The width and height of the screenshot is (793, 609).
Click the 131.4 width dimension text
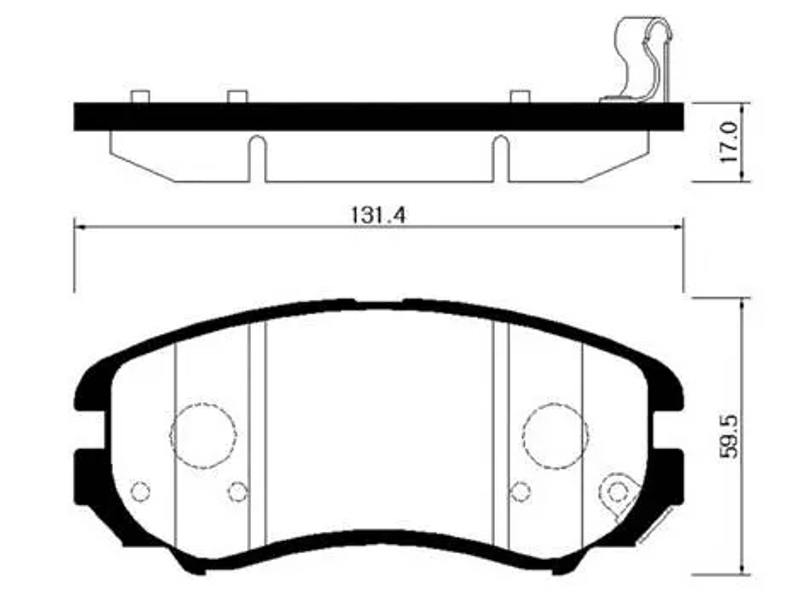(378, 215)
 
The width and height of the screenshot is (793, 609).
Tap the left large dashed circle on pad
(203, 435)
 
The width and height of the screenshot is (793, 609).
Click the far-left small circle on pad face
(140, 491)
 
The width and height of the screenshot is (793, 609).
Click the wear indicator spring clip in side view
(644, 60)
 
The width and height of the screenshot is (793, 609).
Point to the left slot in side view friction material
(256, 158)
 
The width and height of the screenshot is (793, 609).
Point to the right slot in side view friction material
(501, 158)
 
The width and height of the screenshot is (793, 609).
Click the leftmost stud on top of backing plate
(140, 96)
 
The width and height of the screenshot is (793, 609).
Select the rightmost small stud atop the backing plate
(520, 96)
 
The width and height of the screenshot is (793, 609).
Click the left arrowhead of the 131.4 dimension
(79, 227)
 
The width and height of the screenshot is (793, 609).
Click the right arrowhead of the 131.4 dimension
(679, 227)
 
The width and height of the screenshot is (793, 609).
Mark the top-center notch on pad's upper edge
(379, 304)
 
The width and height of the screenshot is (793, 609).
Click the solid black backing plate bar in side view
(379, 116)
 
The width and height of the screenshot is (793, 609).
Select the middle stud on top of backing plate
(237, 96)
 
